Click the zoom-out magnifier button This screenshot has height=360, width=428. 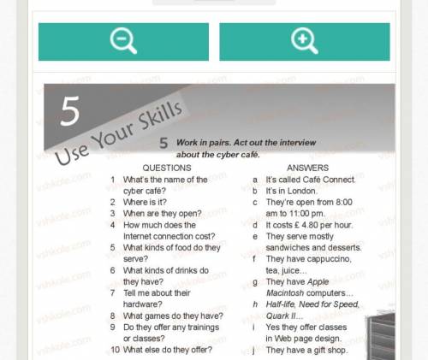[123, 42]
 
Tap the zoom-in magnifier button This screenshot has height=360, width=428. [305, 42]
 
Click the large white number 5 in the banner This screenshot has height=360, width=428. [69, 110]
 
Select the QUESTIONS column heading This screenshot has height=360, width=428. [167, 168]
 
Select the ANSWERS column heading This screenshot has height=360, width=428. [307, 168]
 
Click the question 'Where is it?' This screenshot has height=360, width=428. [145, 202]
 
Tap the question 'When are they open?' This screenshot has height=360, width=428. [162, 214]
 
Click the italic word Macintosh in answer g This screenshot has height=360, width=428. [285, 293]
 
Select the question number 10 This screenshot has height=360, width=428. [115, 350]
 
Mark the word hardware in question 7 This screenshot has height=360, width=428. [140, 304]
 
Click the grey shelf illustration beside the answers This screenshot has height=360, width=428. [381, 336]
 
